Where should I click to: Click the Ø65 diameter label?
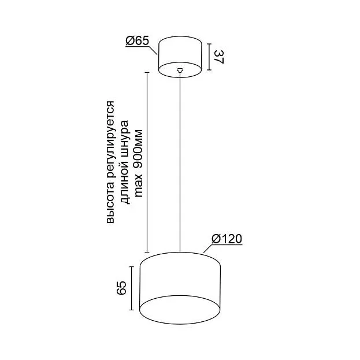138,40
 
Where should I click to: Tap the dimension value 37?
219,57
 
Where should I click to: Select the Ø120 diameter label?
227,239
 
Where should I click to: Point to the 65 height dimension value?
121,287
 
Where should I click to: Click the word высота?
110,202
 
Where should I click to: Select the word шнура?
125,139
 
